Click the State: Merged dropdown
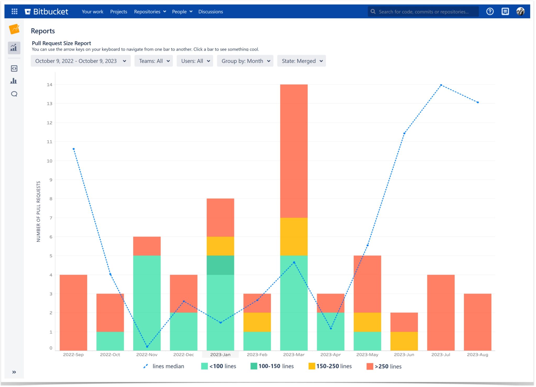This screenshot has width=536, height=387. point(301,61)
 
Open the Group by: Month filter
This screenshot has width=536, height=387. point(245,61)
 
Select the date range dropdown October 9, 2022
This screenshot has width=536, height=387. point(80,61)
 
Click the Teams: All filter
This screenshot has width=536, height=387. point(154,61)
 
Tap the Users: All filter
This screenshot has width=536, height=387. point(195,61)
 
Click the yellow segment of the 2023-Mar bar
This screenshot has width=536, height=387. point(294,236)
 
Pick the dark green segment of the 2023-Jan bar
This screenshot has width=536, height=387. point(220,265)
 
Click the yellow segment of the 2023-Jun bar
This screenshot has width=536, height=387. point(404,341)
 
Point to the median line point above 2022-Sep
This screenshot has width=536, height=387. point(74,149)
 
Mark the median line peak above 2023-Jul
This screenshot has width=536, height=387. point(441,85)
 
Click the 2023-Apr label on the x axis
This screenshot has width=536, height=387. point(331,355)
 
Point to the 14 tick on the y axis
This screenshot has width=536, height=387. point(49,85)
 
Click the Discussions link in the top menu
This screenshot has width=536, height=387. point(210,12)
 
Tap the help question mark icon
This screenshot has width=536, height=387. point(490,12)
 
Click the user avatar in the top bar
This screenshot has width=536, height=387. point(520,12)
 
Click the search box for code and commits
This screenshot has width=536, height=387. point(423,12)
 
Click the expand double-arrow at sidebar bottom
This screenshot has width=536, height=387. point(14,372)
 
